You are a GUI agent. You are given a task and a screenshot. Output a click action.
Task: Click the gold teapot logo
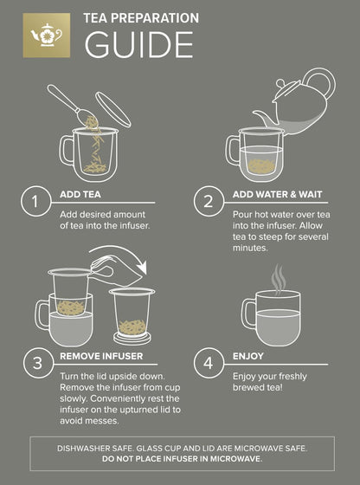coord(45,35)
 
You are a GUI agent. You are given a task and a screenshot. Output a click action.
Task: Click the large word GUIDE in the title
coord(138,42)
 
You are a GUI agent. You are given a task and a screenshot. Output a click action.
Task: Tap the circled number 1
coord(35,203)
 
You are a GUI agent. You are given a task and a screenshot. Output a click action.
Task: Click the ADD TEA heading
coord(81,194)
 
